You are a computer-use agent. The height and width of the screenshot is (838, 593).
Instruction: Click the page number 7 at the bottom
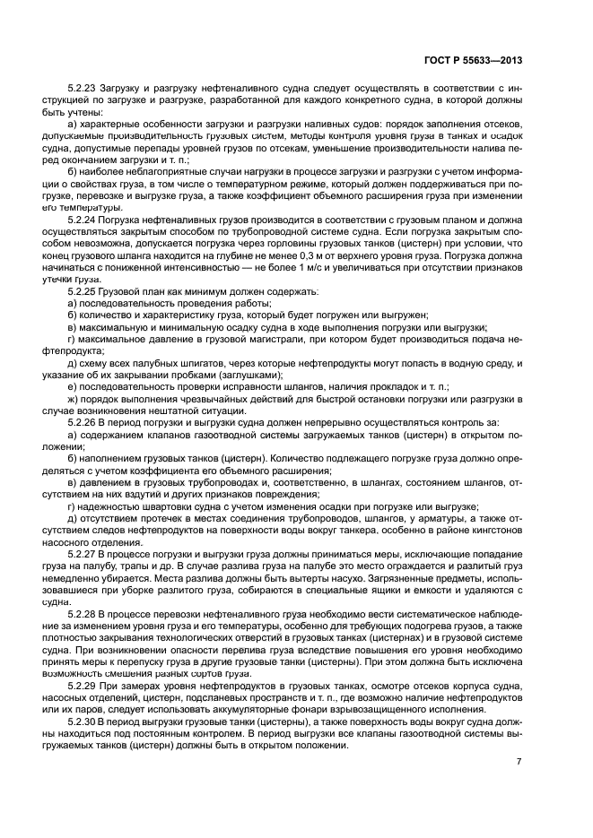coord(519,762)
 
